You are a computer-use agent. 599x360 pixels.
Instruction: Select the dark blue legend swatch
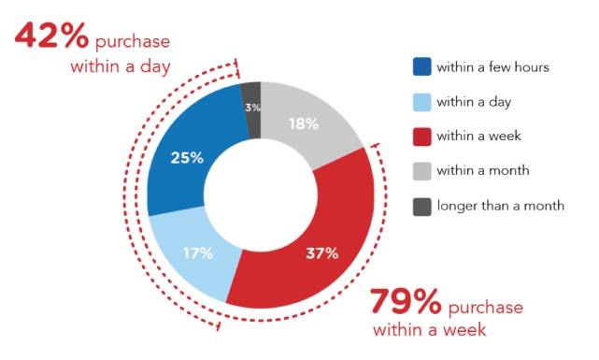click(422, 67)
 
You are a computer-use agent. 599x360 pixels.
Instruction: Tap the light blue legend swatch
click(422, 101)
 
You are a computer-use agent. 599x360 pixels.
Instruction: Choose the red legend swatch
click(422, 136)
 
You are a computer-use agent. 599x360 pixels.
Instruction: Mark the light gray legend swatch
click(422, 170)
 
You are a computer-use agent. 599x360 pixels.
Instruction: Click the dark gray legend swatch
click(422, 205)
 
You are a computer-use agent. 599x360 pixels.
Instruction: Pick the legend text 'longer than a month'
click(502, 205)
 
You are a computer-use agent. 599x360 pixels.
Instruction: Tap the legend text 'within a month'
click(484, 170)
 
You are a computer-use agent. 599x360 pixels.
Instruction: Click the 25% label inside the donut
click(187, 157)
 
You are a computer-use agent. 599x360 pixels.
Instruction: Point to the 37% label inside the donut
click(321, 252)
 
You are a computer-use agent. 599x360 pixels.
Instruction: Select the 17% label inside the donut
click(198, 252)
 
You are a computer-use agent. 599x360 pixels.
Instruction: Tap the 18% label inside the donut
click(304, 122)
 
